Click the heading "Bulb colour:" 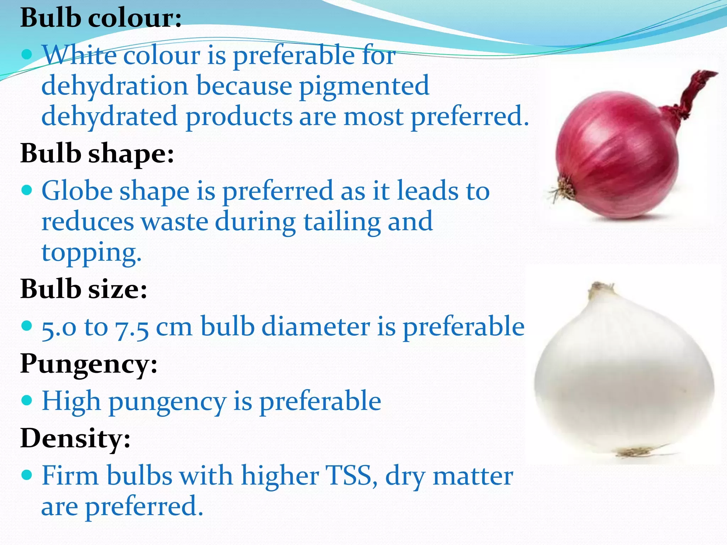[101, 18]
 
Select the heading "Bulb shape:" [97, 154]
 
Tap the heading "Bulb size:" [84, 288]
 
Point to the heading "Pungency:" [89, 364]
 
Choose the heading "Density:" [76, 439]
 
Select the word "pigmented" [364, 87]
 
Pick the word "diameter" [315, 326]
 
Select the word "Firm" [70, 475]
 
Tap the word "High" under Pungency [71, 401]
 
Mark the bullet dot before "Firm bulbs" [27, 475]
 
